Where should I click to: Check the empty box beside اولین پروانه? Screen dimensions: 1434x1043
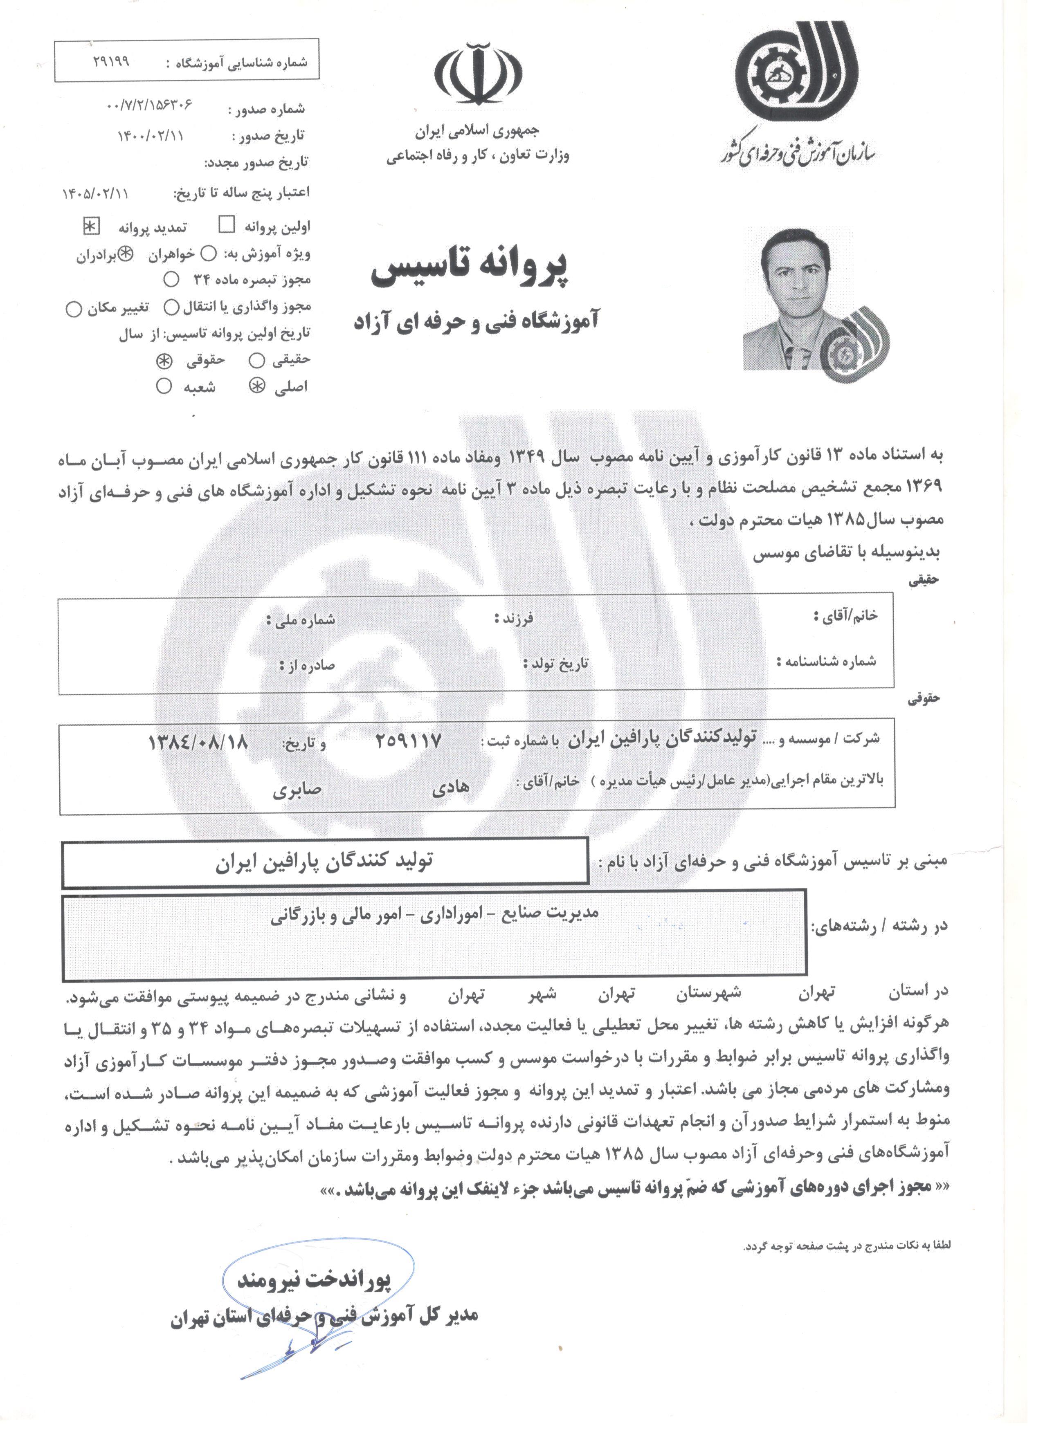227,224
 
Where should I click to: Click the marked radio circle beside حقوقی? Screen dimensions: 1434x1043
164,360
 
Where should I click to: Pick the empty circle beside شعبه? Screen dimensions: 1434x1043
164,386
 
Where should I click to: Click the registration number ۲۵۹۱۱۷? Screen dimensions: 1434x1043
408,741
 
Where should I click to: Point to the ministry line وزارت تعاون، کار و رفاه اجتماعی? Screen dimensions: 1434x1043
478,155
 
